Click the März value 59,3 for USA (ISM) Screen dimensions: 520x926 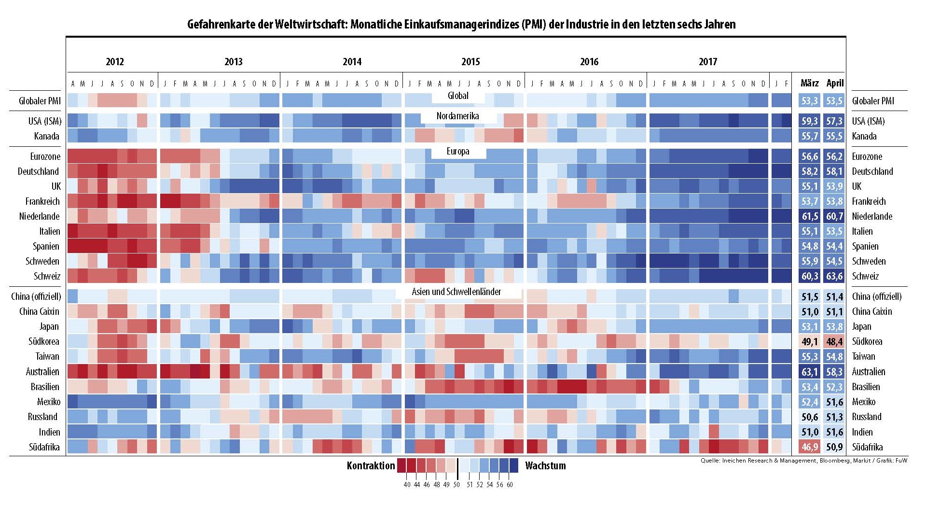(809, 121)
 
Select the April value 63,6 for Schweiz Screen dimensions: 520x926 (834, 276)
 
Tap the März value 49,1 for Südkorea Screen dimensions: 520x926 (809, 342)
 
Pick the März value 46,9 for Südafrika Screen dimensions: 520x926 (809, 447)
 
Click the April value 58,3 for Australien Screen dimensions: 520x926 (834, 372)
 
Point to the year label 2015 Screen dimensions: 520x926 (470, 62)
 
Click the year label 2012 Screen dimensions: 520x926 (115, 62)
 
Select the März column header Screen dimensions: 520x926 (809, 83)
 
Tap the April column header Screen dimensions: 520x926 (835, 83)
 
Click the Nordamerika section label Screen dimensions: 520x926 (457, 116)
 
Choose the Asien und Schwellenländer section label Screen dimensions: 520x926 (456, 292)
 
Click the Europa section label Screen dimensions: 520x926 (457, 151)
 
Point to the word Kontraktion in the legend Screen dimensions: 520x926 (371, 466)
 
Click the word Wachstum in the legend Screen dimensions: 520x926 (545, 466)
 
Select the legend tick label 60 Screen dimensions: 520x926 (510, 485)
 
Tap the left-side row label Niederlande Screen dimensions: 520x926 (40, 216)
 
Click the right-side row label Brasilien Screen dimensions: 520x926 (866, 387)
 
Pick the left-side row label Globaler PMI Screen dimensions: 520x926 (40, 101)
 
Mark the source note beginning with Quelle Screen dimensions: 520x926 (804, 461)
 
